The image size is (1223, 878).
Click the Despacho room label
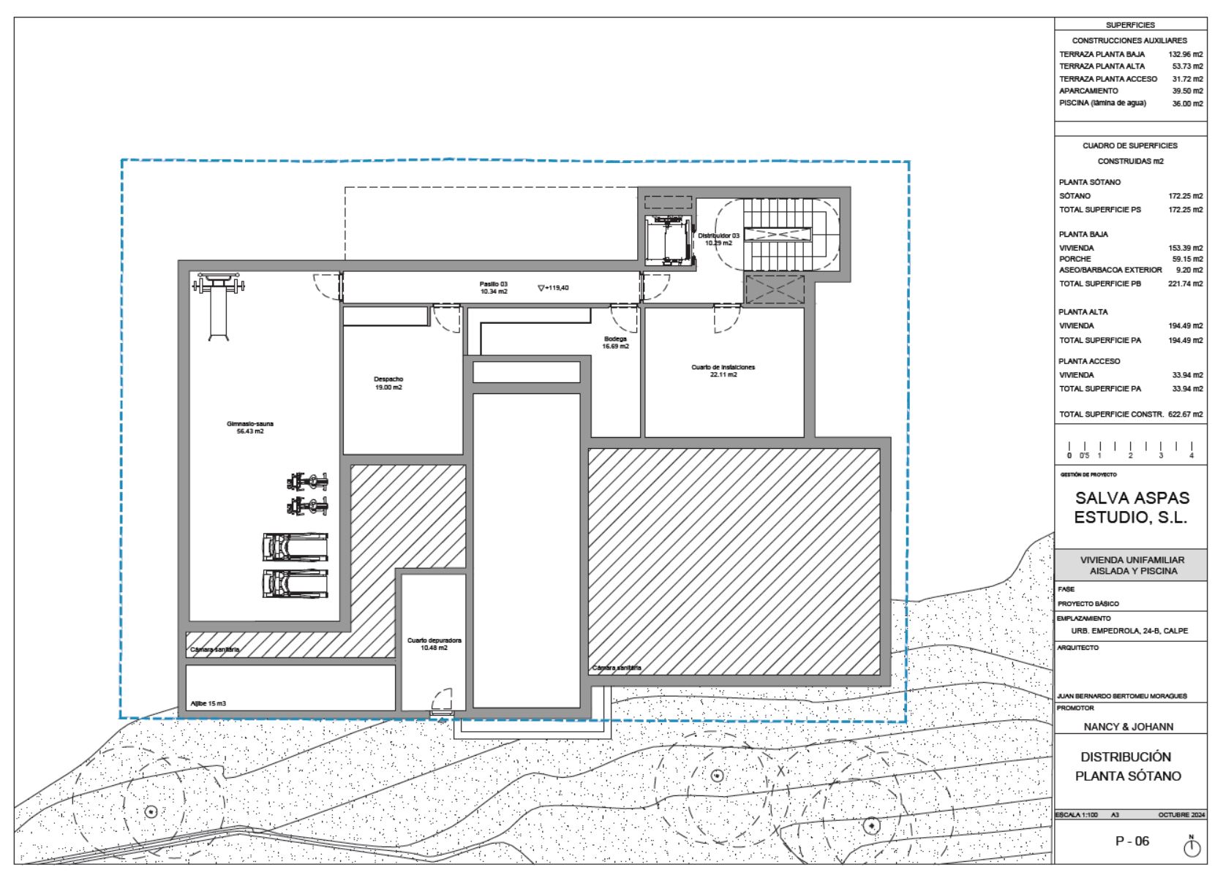coord(388,383)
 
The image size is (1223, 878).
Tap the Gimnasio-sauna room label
coord(245,427)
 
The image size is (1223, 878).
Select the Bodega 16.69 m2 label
coord(615,342)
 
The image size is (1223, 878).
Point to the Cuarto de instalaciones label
coord(723,371)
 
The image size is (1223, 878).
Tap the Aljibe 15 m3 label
coord(208,703)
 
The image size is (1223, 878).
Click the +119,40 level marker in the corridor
coord(553,288)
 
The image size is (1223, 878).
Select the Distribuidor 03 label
coord(718,239)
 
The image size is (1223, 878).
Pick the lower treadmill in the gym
coord(296,583)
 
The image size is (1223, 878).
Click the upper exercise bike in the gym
coord(307,482)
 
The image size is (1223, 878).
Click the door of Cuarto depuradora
coord(441,702)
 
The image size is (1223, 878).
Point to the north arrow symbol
coord(1192,846)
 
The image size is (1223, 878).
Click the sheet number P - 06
coord(1132,841)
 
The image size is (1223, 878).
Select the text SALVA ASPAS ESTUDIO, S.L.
coord(1132,507)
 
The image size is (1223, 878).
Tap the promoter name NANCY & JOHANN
coord(1128,727)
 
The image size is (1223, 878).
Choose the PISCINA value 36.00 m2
coord(1187,104)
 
